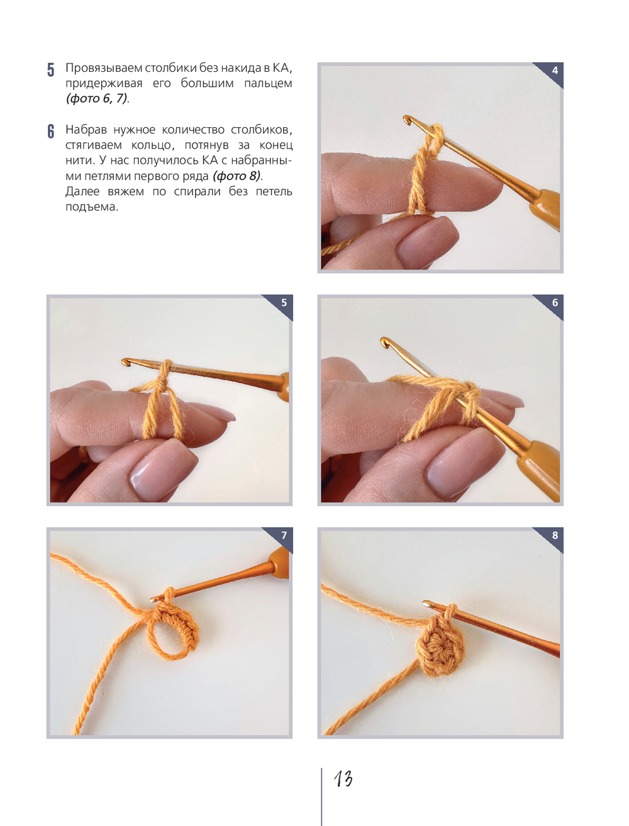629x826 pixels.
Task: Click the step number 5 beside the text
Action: (51, 70)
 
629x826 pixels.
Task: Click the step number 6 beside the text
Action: (51, 132)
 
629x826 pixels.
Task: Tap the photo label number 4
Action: (555, 71)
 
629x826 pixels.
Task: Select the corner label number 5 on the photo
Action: (284, 303)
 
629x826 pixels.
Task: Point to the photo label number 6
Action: (555, 303)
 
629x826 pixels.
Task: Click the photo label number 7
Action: (284, 535)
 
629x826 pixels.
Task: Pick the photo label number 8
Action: (555, 535)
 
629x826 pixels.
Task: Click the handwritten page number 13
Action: (343, 779)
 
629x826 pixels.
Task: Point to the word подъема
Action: (91, 207)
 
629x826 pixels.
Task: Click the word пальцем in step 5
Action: (268, 83)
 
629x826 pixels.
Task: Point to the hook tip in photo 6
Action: (384, 341)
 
